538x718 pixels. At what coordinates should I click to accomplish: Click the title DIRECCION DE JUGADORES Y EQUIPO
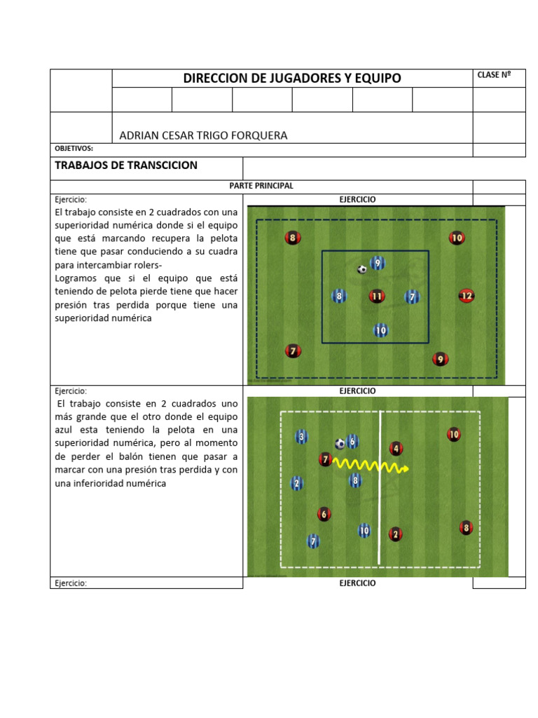click(292, 78)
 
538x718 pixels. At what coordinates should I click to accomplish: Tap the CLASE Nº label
click(493, 75)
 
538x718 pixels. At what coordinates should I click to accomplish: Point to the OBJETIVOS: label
click(74, 149)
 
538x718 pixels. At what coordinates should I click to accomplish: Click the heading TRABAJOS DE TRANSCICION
click(126, 165)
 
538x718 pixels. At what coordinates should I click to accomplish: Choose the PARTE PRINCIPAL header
click(261, 186)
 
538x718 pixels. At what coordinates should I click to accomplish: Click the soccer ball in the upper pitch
click(362, 269)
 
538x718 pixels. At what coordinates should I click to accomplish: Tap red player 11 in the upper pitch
click(377, 297)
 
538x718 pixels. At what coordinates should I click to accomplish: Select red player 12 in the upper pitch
click(467, 296)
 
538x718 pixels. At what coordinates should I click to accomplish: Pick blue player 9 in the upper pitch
click(378, 263)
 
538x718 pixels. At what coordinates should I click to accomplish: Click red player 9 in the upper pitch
click(440, 360)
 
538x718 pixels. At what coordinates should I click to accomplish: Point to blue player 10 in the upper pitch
click(380, 330)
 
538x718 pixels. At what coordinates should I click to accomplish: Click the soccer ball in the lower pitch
click(340, 443)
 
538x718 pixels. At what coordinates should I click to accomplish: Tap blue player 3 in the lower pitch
click(301, 438)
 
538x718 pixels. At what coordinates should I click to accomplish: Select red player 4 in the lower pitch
click(396, 448)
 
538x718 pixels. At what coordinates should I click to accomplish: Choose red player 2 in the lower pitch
click(395, 534)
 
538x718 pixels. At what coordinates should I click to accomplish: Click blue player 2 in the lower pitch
click(297, 483)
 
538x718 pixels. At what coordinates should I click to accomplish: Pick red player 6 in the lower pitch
click(324, 514)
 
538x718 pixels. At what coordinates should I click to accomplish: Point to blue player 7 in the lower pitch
click(313, 541)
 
